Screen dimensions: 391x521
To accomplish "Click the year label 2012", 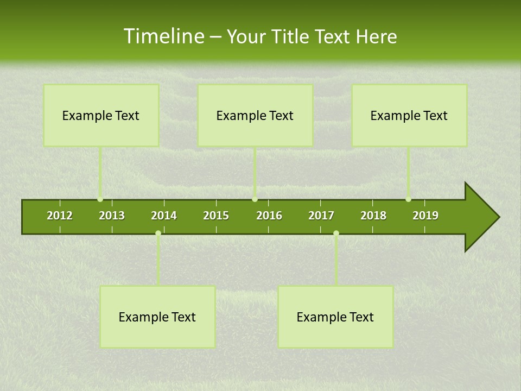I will point(60,216).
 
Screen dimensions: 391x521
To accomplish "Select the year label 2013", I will point(112,216).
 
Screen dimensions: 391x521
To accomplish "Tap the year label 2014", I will point(164,216).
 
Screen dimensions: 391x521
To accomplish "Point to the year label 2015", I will point(216,216).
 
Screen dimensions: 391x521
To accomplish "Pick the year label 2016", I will point(269,216).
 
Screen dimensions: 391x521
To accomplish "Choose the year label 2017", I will point(321,216).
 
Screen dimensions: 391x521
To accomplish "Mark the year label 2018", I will point(373,216).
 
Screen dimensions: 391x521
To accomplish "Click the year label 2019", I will point(425,216).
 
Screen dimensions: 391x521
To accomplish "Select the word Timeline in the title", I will point(163,36).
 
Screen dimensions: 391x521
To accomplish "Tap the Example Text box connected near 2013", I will point(101,115).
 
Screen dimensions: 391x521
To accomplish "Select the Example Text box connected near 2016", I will point(255,115).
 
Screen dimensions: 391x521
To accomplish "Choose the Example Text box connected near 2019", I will point(409,115).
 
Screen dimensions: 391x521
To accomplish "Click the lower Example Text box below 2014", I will point(157,317).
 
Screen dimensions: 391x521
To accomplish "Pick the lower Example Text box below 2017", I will point(335,317).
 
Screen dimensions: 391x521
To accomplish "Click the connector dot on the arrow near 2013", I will point(100,199).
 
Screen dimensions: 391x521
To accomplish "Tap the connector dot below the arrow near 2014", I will point(158,233).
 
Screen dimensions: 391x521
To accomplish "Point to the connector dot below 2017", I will point(336,233).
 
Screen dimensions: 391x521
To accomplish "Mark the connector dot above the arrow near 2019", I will point(408,199).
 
